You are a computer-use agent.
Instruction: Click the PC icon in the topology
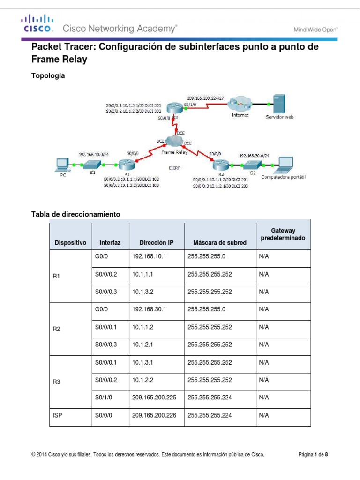[x=61, y=164]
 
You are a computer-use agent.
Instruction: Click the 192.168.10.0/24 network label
[x=93, y=153]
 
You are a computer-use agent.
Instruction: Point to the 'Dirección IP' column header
[x=157, y=243]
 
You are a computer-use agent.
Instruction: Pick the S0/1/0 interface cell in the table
[x=103, y=397]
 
